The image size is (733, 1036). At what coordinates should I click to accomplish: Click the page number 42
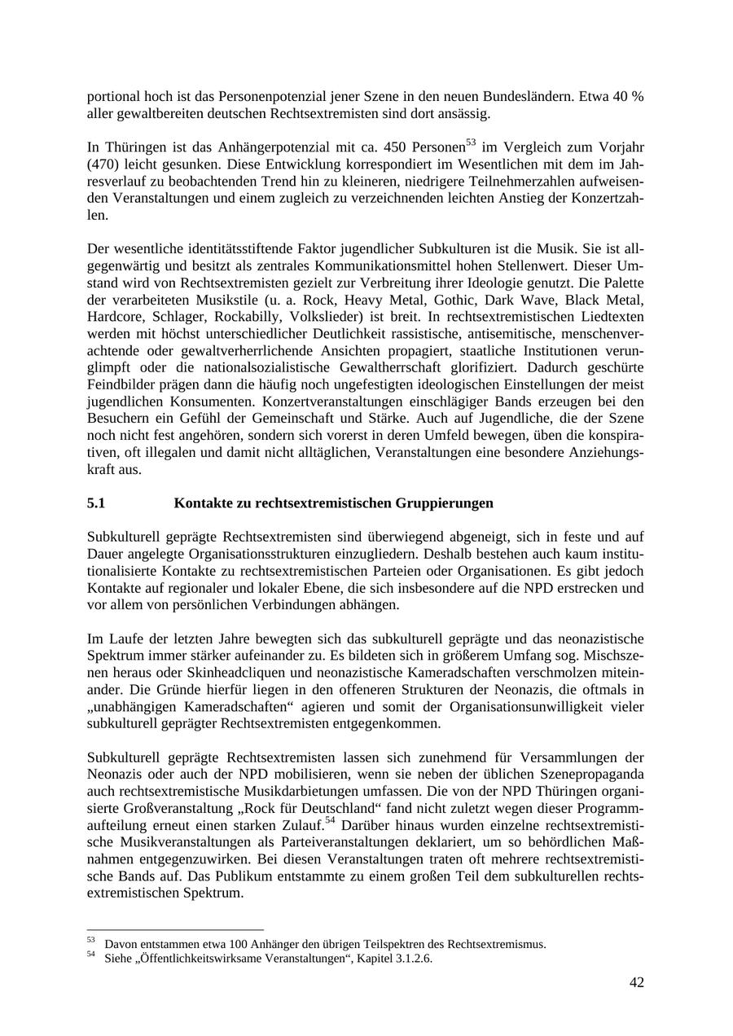pyautogui.click(x=636, y=982)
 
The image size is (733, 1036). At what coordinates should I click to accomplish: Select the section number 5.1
pyautogui.click(x=96, y=503)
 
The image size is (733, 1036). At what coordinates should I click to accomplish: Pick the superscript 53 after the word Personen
pyautogui.click(x=471, y=143)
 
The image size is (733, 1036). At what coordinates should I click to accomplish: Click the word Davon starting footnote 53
pyautogui.click(x=120, y=945)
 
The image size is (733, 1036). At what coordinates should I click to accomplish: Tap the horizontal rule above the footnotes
pyautogui.click(x=175, y=929)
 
